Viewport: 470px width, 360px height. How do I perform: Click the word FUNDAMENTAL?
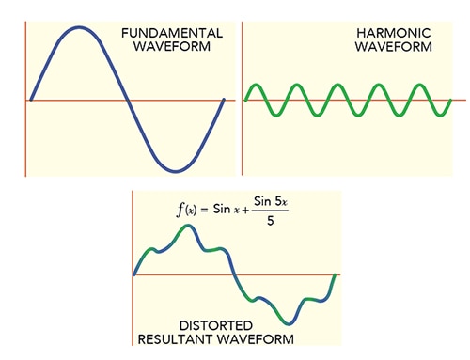tap(172, 33)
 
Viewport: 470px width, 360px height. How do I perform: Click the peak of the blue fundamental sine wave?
tap(80, 27)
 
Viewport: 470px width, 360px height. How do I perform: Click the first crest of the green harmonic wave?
tap(256, 86)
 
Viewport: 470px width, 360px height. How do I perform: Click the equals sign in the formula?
tap(215, 209)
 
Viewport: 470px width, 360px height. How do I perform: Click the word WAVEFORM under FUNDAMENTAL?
tap(172, 47)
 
